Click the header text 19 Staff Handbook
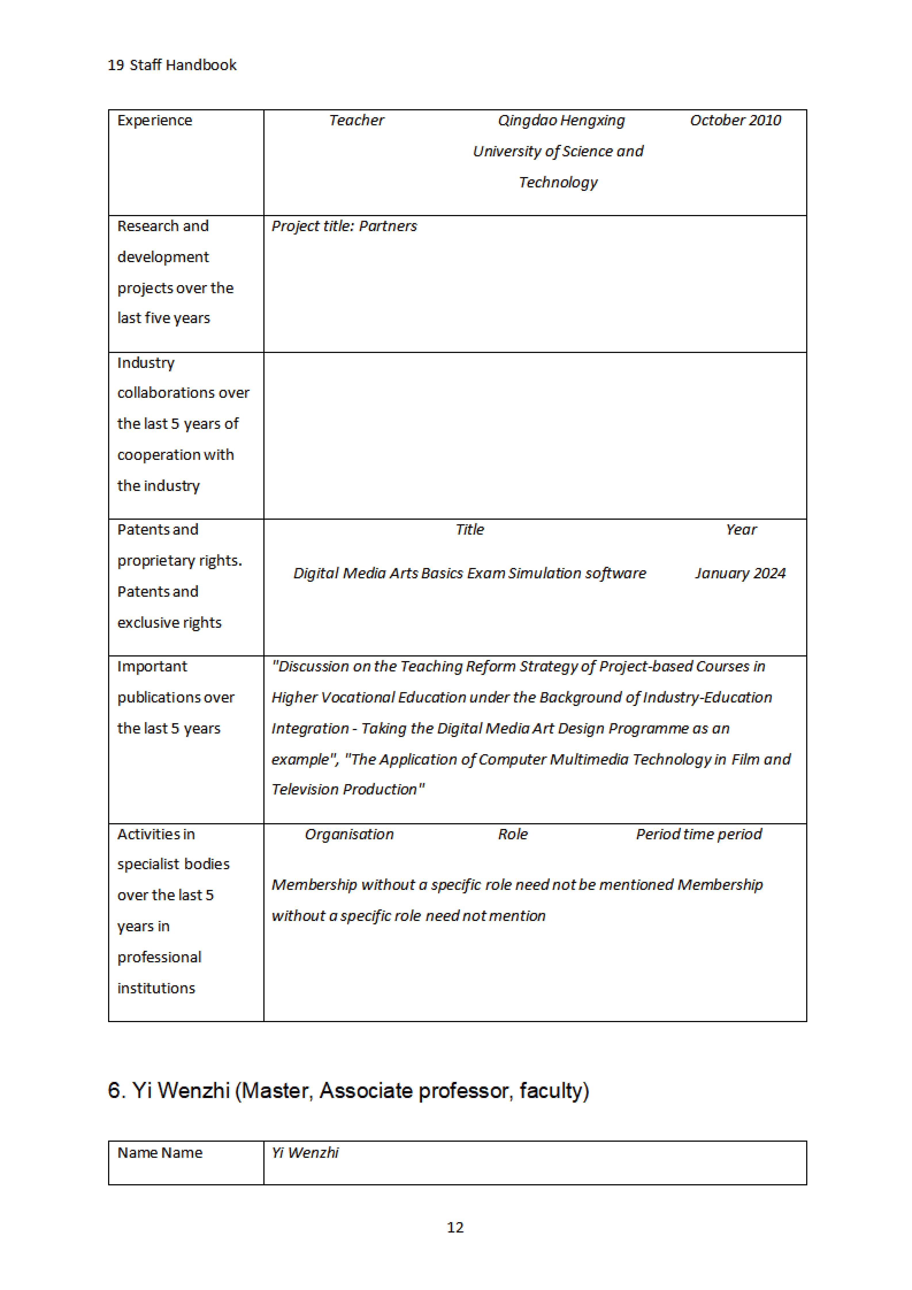(x=172, y=65)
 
